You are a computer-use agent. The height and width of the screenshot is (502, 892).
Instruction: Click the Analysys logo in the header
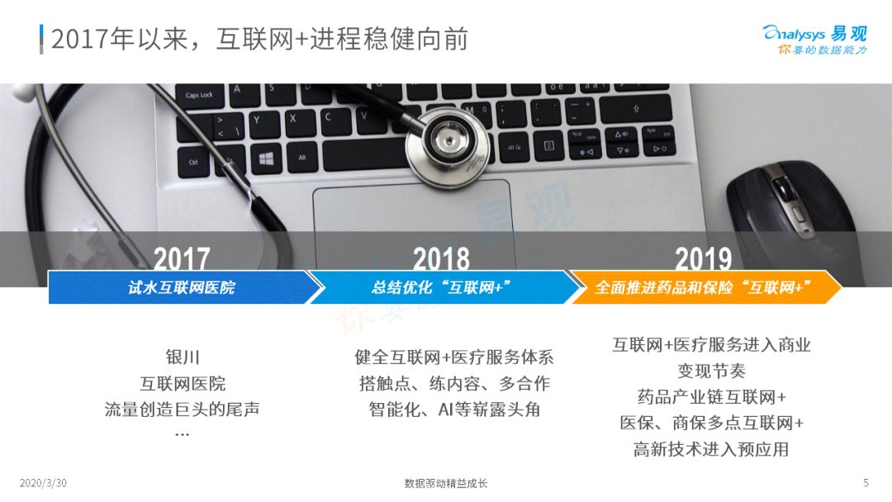pyautogui.click(x=814, y=40)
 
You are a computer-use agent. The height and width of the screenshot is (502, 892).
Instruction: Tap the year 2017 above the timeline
pyautogui.click(x=182, y=258)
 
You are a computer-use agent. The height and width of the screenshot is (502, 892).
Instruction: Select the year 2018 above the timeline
pyautogui.click(x=441, y=258)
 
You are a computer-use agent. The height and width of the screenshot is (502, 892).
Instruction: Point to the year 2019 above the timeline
pyautogui.click(x=703, y=258)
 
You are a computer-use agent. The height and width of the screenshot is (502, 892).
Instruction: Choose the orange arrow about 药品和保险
pyautogui.click(x=705, y=287)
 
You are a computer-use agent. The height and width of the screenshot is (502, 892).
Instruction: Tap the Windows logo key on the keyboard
pyautogui.click(x=266, y=159)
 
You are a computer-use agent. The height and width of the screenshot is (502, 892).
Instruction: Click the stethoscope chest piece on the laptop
pyautogui.click(x=448, y=146)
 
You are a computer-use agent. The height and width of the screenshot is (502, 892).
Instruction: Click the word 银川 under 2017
pyautogui.click(x=183, y=357)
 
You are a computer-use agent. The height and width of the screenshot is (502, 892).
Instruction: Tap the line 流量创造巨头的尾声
pyautogui.click(x=182, y=409)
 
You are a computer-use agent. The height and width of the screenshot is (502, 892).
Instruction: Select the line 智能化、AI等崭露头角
pyautogui.click(x=454, y=409)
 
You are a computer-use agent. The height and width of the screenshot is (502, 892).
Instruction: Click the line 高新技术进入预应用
pyautogui.click(x=711, y=449)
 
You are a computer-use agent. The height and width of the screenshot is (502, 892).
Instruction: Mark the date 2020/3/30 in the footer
pyautogui.click(x=43, y=483)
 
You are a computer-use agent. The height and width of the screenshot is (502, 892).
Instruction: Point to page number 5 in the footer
pyautogui.click(x=866, y=483)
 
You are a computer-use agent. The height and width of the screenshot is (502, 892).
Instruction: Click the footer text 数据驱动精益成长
pyautogui.click(x=446, y=483)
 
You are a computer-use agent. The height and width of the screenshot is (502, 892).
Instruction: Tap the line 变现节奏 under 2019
pyautogui.click(x=711, y=371)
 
